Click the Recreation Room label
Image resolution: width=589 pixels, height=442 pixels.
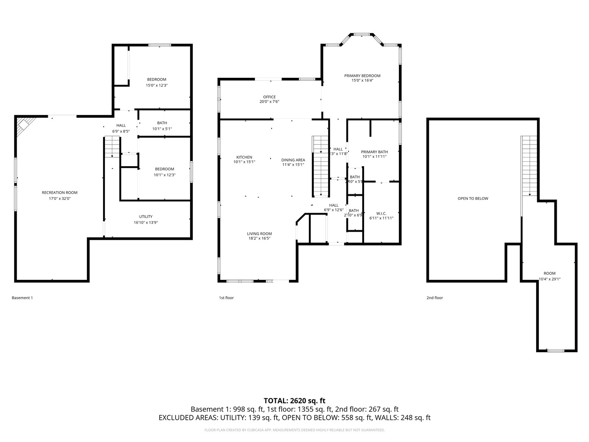(59, 192)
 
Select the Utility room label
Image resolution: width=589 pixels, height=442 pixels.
(146, 216)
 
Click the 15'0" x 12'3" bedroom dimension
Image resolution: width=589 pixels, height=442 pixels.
(156, 85)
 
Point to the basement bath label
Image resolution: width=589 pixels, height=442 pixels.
(162, 123)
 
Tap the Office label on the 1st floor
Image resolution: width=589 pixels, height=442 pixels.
(269, 97)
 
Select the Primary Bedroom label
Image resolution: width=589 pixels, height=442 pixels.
(362, 76)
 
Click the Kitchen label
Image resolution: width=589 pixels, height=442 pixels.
(244, 157)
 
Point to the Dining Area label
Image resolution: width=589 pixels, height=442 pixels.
(293, 160)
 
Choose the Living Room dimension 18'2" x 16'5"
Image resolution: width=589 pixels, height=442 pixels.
(260, 238)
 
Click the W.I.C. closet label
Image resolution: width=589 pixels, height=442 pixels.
(381, 213)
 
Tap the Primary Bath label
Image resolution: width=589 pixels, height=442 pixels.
(374, 151)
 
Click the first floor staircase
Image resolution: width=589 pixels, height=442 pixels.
(320, 166)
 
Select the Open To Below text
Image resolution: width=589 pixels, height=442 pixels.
(473, 198)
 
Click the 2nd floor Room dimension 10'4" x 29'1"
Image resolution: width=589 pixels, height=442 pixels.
(549, 279)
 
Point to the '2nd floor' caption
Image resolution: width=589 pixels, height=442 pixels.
(434, 298)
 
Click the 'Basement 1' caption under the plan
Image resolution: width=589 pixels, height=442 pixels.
(22, 298)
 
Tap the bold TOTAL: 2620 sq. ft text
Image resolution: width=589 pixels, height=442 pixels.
(294, 401)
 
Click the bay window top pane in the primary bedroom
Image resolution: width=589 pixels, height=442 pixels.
(361, 34)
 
